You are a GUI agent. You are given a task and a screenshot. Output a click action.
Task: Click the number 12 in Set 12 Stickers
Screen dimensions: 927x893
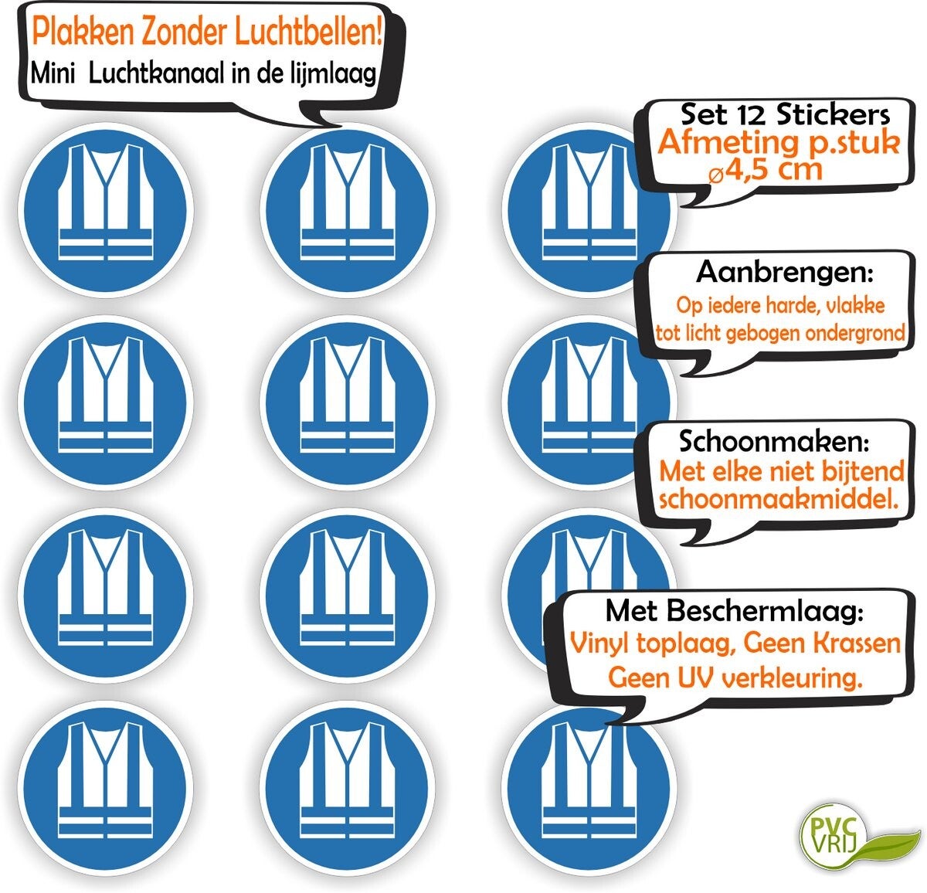(744, 115)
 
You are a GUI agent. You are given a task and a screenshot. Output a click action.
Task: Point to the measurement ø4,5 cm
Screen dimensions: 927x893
(766, 169)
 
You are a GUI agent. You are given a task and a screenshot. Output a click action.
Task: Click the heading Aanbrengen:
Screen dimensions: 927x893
(785, 273)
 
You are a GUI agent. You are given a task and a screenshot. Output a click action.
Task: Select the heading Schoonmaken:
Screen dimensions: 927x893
(774, 441)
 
